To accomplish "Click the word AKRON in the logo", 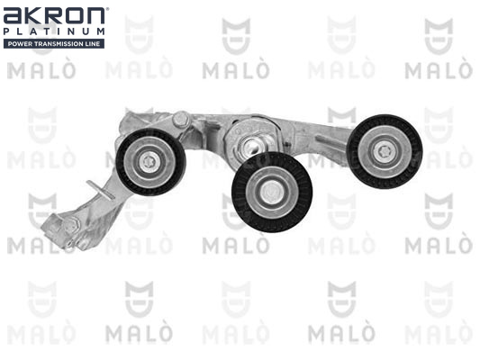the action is click(54, 16).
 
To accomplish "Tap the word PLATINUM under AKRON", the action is click(54, 31).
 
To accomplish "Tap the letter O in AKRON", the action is click(74, 16).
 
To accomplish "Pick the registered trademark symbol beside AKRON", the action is click(107, 9).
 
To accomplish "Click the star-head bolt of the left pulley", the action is click(149, 162).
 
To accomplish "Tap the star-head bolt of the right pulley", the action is click(384, 151).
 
